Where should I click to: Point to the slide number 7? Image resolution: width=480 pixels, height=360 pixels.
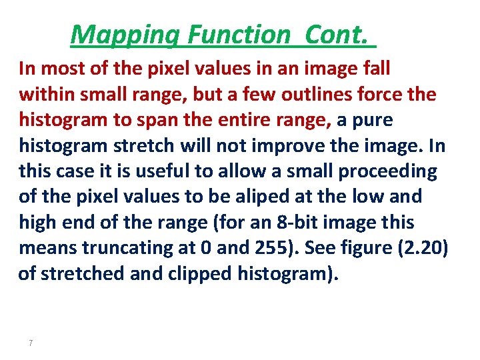tap(31, 343)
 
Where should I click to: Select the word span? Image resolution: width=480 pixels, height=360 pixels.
tap(151, 120)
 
